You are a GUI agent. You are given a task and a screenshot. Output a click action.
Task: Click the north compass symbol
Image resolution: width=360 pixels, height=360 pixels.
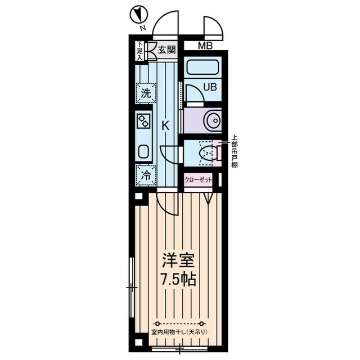[139, 15]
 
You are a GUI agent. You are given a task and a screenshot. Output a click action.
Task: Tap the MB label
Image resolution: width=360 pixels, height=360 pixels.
[205, 46]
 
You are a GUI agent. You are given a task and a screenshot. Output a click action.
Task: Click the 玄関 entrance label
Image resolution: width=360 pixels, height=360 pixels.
[167, 50]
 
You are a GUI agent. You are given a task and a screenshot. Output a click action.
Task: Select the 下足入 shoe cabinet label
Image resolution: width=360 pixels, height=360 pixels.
[139, 51]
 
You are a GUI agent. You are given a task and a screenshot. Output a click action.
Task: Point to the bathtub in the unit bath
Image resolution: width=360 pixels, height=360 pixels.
[202, 67]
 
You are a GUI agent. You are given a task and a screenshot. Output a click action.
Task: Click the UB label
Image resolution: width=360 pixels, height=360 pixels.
[210, 87]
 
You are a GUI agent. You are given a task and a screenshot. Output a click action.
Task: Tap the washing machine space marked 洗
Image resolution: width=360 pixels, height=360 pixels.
[146, 93]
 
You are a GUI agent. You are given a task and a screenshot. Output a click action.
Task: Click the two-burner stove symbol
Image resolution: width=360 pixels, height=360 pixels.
[143, 121]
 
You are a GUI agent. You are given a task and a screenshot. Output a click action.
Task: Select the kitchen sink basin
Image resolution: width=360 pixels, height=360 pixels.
[144, 151]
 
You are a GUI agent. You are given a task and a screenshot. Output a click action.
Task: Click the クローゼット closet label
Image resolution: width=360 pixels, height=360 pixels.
[198, 180]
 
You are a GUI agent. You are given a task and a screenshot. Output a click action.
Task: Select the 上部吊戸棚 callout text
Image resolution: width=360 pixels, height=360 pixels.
[234, 151]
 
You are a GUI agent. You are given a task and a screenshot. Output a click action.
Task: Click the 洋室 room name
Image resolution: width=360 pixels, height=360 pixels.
[178, 260]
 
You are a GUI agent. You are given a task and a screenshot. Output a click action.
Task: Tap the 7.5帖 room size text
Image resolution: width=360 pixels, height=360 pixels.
[179, 279]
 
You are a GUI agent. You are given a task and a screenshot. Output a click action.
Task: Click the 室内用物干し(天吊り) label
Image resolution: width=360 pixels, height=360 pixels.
[179, 332]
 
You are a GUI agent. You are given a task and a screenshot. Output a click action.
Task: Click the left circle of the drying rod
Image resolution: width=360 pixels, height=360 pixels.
[157, 324]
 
